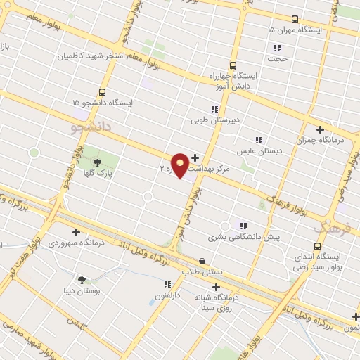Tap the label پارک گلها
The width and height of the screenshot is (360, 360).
(x=103, y=172)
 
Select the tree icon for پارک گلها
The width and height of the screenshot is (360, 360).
(x=97, y=160)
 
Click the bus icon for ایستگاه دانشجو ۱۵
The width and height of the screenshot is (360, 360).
(x=103, y=92)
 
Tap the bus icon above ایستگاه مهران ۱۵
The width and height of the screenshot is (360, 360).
(x=294, y=19)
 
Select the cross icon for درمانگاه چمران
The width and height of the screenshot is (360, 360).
(x=320, y=129)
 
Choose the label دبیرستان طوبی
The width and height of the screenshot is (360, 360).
(x=215, y=120)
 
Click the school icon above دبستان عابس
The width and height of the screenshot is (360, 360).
(x=259, y=140)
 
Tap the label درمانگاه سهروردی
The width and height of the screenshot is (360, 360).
(x=76, y=243)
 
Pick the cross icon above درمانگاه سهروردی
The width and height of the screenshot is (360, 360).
(x=76, y=232)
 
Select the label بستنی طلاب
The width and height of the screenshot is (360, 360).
(x=201, y=271)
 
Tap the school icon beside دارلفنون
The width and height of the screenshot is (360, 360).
(x=167, y=285)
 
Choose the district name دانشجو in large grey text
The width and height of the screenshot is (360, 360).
(x=92, y=128)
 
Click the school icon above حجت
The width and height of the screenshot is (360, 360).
(x=277, y=49)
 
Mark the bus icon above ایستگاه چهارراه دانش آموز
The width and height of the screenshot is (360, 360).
(x=233, y=65)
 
